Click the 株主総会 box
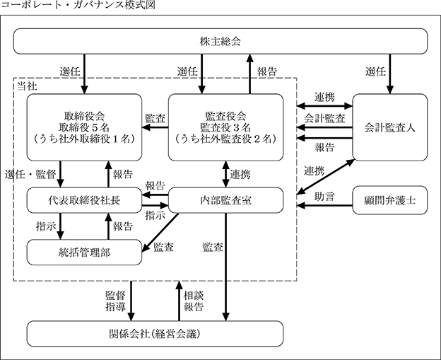220,41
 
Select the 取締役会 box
84,127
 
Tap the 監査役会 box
226,127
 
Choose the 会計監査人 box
390,127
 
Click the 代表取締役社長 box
84,200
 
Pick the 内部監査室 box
226,200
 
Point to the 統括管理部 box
84,252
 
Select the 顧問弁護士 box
390,200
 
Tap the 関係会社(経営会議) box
155,334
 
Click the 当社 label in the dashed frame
27,86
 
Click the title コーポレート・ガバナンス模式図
78,5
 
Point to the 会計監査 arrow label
324,118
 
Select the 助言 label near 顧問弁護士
324,197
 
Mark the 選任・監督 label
30,175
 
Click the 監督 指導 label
115,301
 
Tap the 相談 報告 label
194,301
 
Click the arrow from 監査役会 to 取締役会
155,127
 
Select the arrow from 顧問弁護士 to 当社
325,206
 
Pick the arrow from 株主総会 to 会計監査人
390,74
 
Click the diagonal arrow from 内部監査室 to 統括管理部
160,233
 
